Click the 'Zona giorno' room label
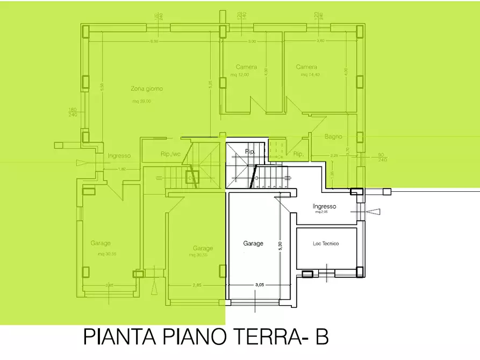point(146,89)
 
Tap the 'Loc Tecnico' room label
point(326,243)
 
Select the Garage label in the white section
point(253,243)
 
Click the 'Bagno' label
point(333,136)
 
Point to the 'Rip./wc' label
point(171,154)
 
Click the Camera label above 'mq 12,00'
point(246,67)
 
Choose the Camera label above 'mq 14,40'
point(306,67)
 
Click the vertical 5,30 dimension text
point(280,243)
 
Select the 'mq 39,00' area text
point(141,101)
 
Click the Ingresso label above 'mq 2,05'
point(324,206)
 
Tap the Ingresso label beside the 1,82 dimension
point(119,156)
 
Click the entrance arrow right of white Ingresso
point(372,212)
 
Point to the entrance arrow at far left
point(81,162)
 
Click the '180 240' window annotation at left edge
point(73,112)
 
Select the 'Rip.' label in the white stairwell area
point(249,152)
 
